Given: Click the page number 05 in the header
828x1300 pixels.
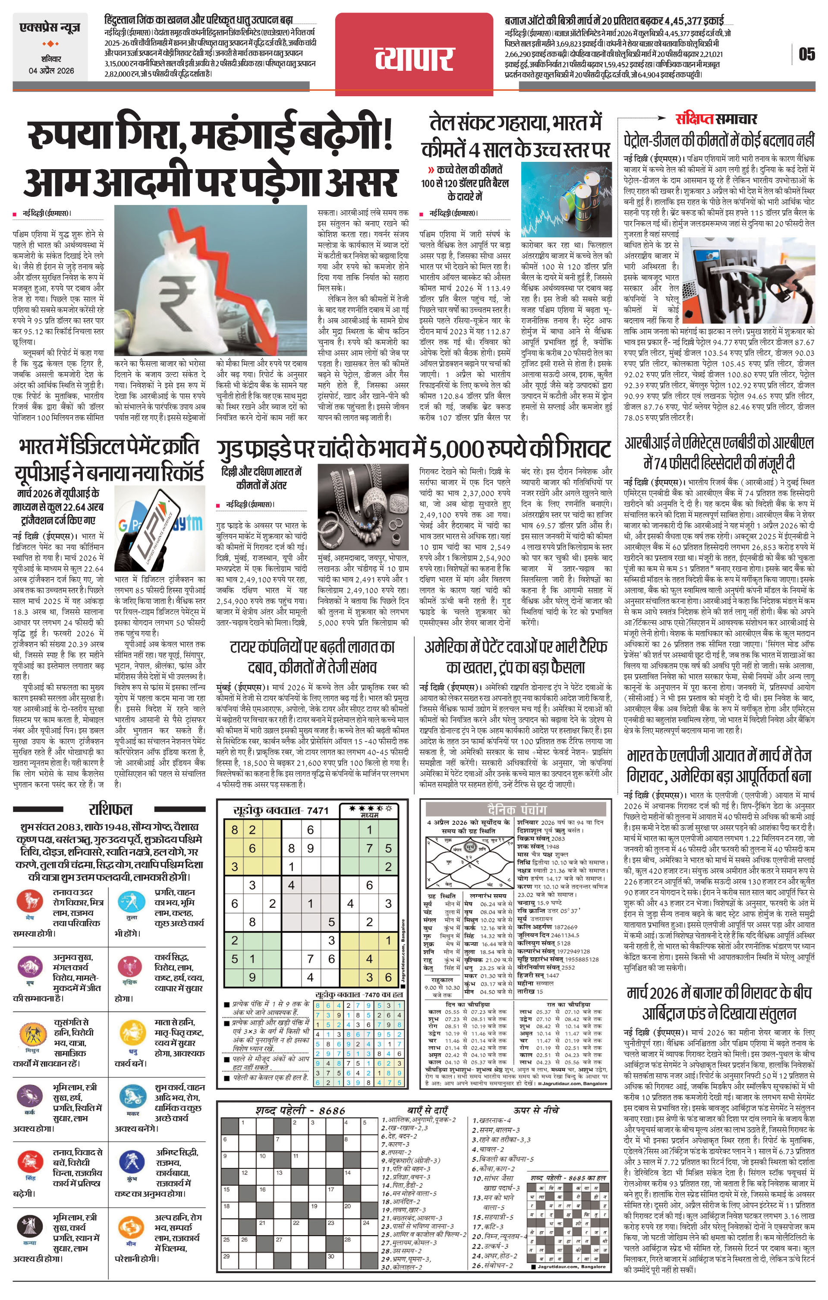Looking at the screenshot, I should [806, 54].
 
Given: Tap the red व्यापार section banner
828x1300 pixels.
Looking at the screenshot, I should [414, 56].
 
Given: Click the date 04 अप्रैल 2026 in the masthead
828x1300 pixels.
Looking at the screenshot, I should [51, 71].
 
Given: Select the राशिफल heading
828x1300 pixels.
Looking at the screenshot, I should [110, 809].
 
